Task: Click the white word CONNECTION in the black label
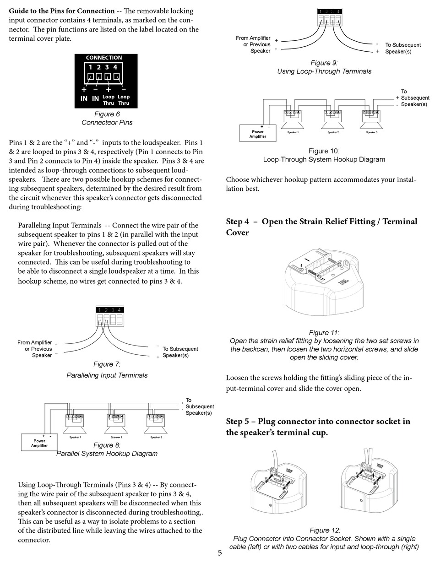104,58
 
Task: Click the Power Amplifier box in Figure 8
39,443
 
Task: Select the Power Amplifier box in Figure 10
257,134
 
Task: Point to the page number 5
220,552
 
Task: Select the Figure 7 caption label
107,364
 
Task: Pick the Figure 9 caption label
324,63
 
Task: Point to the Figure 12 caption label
325,530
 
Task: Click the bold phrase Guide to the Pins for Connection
62,11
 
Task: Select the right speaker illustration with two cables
369,485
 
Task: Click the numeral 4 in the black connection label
115,67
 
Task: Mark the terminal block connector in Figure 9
329,18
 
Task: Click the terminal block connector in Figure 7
109,316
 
